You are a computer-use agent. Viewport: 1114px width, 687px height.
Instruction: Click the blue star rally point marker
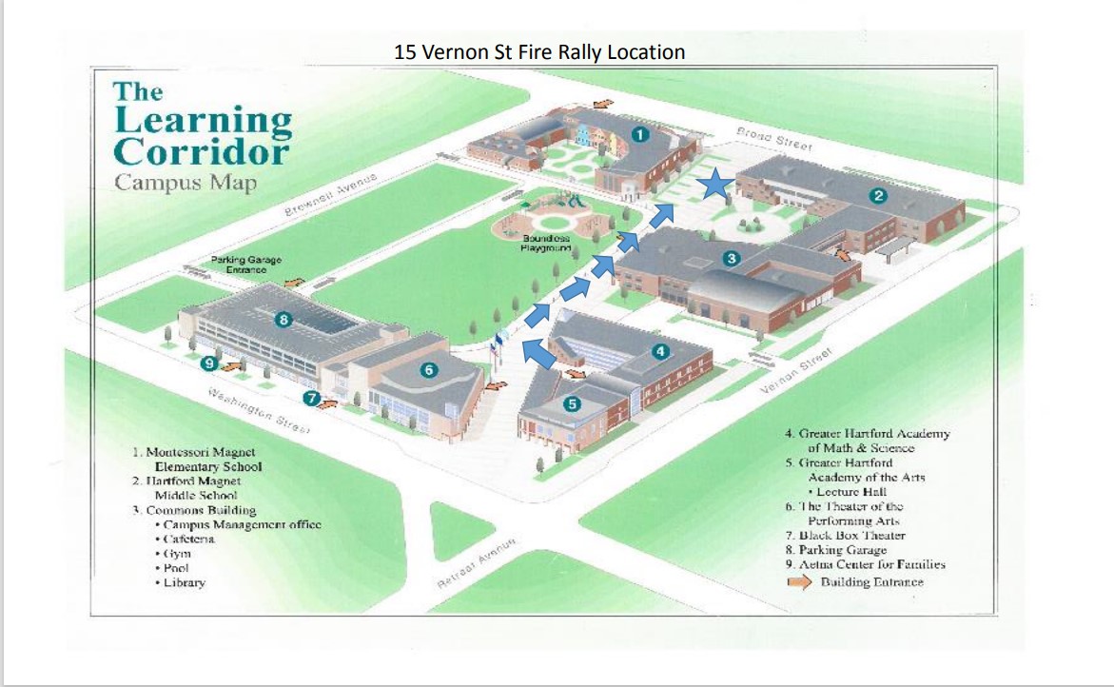[713, 186]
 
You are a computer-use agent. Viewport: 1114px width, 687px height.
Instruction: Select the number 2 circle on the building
[879, 196]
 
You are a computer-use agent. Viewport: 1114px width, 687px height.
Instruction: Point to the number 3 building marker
[731, 258]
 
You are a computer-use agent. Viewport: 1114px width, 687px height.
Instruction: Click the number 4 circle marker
[660, 351]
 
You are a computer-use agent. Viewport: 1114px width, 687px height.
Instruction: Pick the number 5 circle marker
[572, 403]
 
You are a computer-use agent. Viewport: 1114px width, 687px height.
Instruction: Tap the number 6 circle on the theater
[429, 369]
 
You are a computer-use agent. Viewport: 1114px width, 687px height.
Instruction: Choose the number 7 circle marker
[311, 398]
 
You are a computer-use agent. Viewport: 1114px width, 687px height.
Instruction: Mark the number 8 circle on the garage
[283, 320]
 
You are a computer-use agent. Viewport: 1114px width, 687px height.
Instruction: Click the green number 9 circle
[210, 362]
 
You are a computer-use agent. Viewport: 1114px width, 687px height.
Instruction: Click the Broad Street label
[775, 139]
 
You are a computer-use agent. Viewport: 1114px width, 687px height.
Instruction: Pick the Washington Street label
[259, 411]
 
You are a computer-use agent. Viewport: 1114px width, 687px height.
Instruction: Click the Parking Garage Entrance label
[246, 265]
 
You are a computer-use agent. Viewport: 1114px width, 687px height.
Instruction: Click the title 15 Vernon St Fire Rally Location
[539, 51]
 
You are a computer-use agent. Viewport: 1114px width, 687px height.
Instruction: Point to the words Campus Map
[186, 182]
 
